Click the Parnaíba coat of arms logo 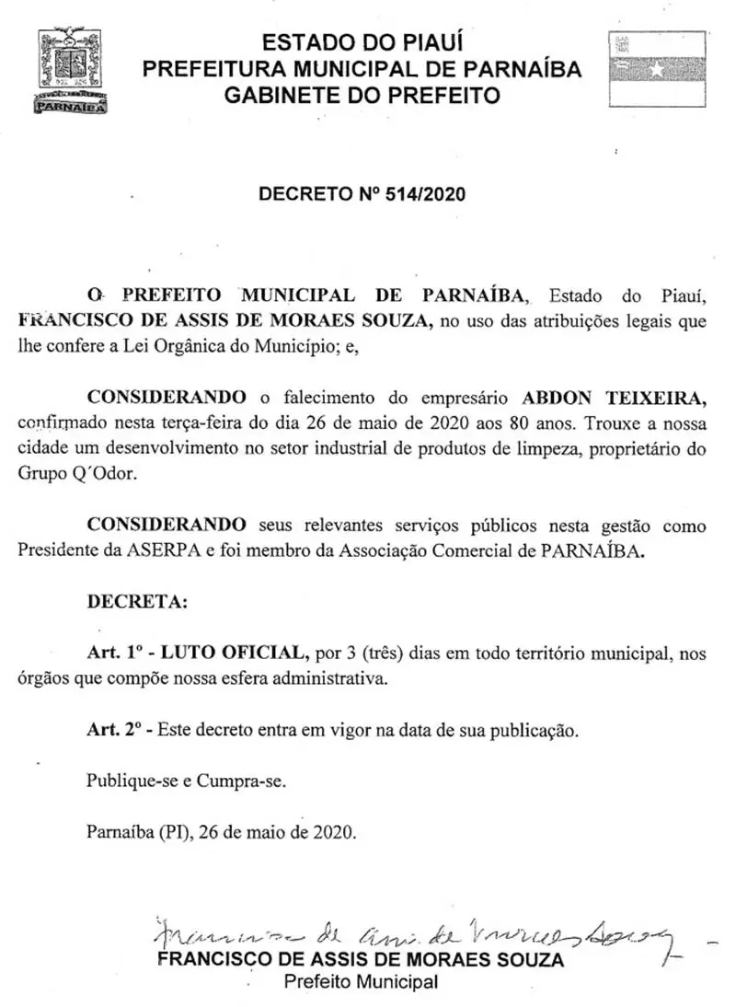pyautogui.click(x=69, y=71)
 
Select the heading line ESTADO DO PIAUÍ pyautogui.click(x=362, y=41)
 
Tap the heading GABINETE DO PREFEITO pyautogui.click(x=362, y=95)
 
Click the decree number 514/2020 pyautogui.click(x=424, y=194)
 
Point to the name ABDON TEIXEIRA pyautogui.click(x=614, y=398)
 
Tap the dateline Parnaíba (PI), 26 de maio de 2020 pyautogui.click(x=221, y=831)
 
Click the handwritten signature pyautogui.click(x=414, y=936)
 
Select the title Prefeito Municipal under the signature pyautogui.click(x=361, y=982)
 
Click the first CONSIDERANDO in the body pyautogui.click(x=167, y=398)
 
